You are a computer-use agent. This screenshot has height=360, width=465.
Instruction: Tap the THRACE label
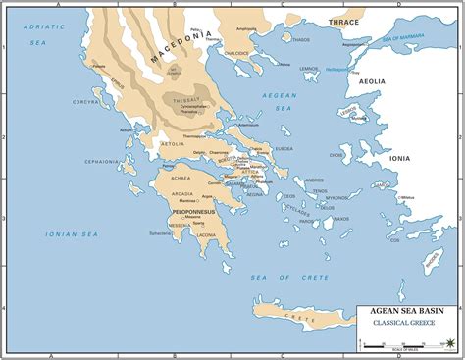(x=344, y=22)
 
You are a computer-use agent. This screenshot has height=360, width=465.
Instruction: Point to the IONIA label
(x=400, y=157)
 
